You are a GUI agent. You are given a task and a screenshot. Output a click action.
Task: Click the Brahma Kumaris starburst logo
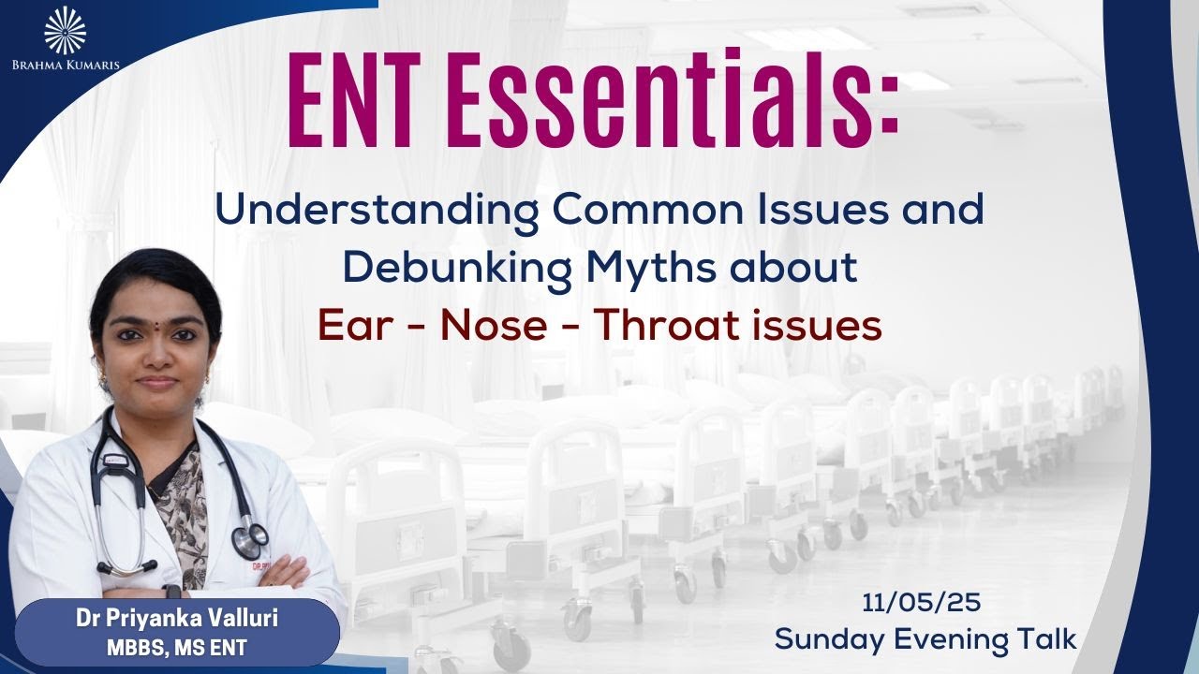(x=65, y=29)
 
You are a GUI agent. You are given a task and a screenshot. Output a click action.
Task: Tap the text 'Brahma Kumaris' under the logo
(x=65, y=66)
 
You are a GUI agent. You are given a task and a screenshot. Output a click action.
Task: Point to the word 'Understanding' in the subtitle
(x=377, y=212)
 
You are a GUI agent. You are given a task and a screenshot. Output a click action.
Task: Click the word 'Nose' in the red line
(x=493, y=326)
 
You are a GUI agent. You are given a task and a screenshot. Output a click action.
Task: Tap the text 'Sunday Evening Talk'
(x=925, y=638)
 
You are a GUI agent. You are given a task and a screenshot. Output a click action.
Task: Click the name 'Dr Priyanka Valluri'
(x=177, y=619)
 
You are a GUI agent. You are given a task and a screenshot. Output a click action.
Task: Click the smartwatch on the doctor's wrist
(x=171, y=592)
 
